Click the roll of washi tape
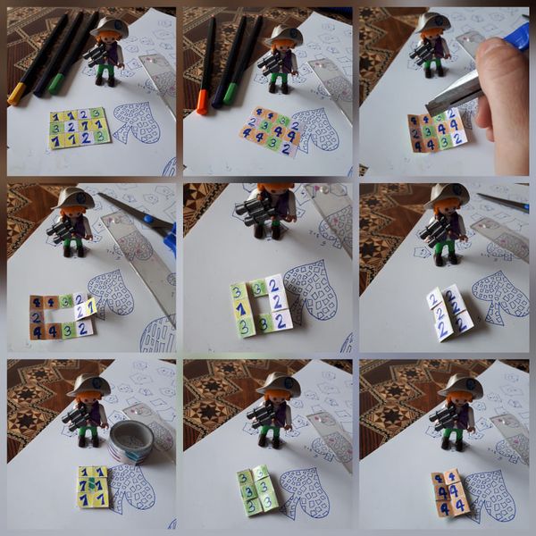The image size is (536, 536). coord(130,440)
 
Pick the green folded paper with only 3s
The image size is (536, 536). coord(256,490)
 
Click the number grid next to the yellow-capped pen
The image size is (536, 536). coord(79,127)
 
